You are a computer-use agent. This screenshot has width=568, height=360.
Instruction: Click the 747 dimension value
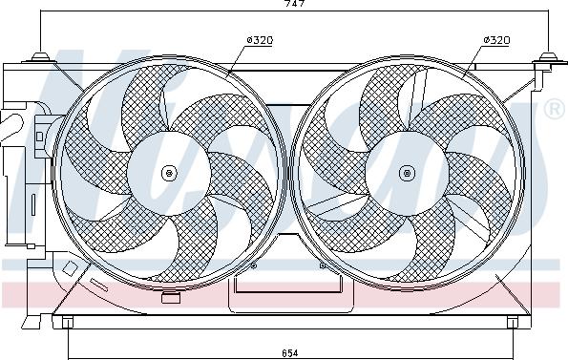[294, 3]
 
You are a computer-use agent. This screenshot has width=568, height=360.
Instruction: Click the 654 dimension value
[290, 352]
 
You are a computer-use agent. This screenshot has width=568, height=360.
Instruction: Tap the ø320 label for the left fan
[260, 40]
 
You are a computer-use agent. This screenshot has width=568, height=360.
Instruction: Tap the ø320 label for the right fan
[496, 40]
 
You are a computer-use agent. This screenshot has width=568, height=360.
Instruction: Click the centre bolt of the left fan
[169, 173]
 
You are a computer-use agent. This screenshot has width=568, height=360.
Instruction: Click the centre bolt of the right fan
[407, 173]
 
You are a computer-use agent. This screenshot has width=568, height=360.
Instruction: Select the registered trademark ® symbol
[555, 109]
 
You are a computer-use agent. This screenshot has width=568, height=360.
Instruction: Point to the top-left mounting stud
[40, 57]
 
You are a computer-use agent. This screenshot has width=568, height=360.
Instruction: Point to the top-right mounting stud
[549, 57]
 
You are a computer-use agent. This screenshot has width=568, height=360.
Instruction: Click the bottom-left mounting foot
[68, 322]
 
